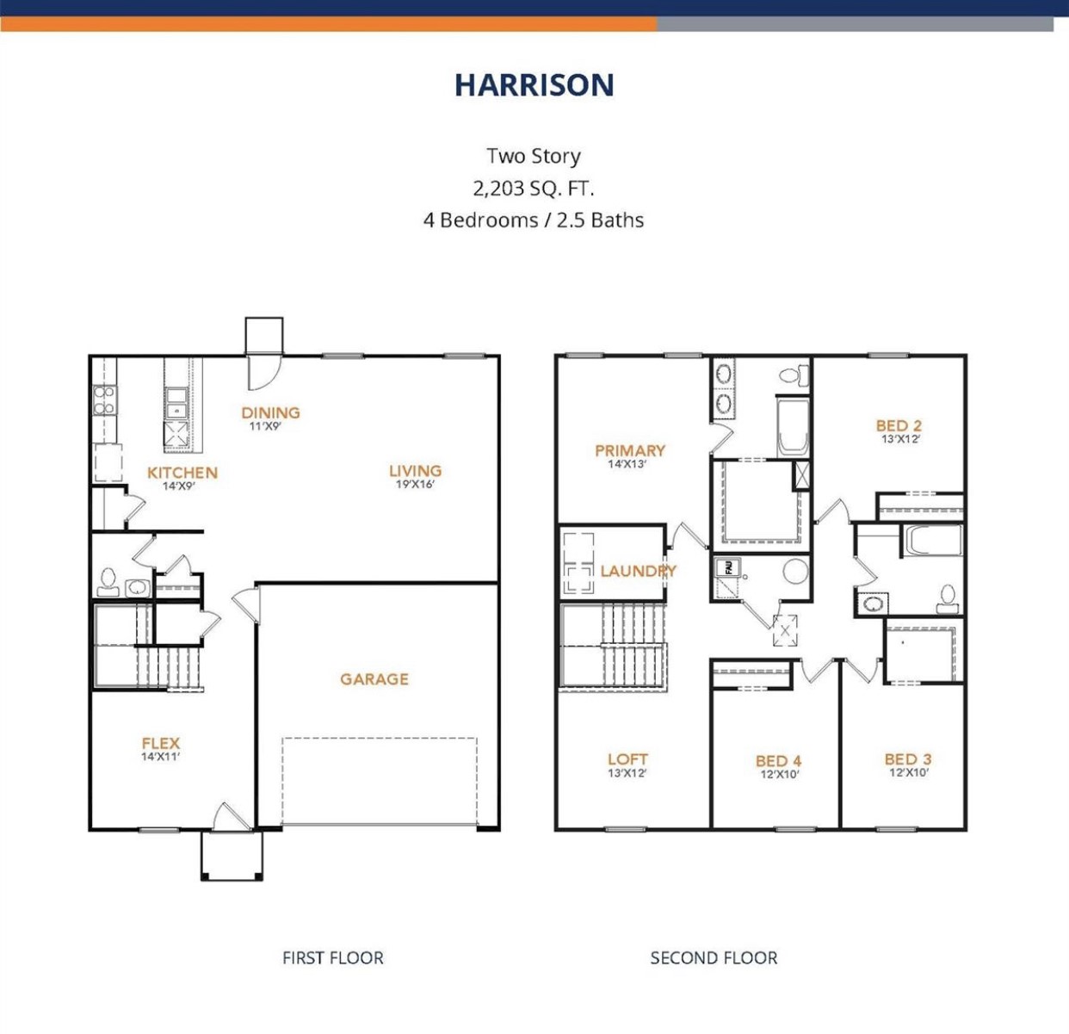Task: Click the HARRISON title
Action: (534, 84)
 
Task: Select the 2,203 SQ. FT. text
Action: (534, 188)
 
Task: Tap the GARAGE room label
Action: (374, 679)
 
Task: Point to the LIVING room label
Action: (415, 471)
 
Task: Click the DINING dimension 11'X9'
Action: (265, 426)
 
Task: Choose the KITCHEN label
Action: (182, 473)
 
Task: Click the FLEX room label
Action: (161, 743)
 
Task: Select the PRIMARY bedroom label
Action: (629, 450)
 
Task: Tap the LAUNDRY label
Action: (638, 571)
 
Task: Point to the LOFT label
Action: (627, 759)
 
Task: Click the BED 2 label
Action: (899, 425)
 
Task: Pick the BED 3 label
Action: (907, 759)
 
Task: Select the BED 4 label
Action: (778, 761)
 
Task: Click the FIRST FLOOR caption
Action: (332, 957)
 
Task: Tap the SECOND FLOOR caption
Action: (714, 957)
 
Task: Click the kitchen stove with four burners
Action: (104, 400)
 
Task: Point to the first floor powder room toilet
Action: (108, 582)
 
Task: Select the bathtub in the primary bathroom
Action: (792, 426)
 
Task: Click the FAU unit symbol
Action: (728, 567)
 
